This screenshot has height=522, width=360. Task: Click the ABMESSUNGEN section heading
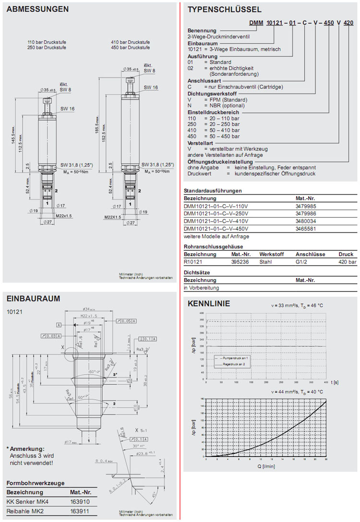click(x=37, y=9)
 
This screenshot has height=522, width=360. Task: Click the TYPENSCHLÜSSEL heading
click(x=224, y=9)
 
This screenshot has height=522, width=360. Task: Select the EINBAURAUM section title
click(x=34, y=298)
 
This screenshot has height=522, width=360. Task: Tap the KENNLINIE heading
click(x=208, y=304)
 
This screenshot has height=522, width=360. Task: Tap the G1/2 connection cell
click(x=302, y=262)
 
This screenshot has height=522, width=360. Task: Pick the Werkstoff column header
click(x=272, y=254)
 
